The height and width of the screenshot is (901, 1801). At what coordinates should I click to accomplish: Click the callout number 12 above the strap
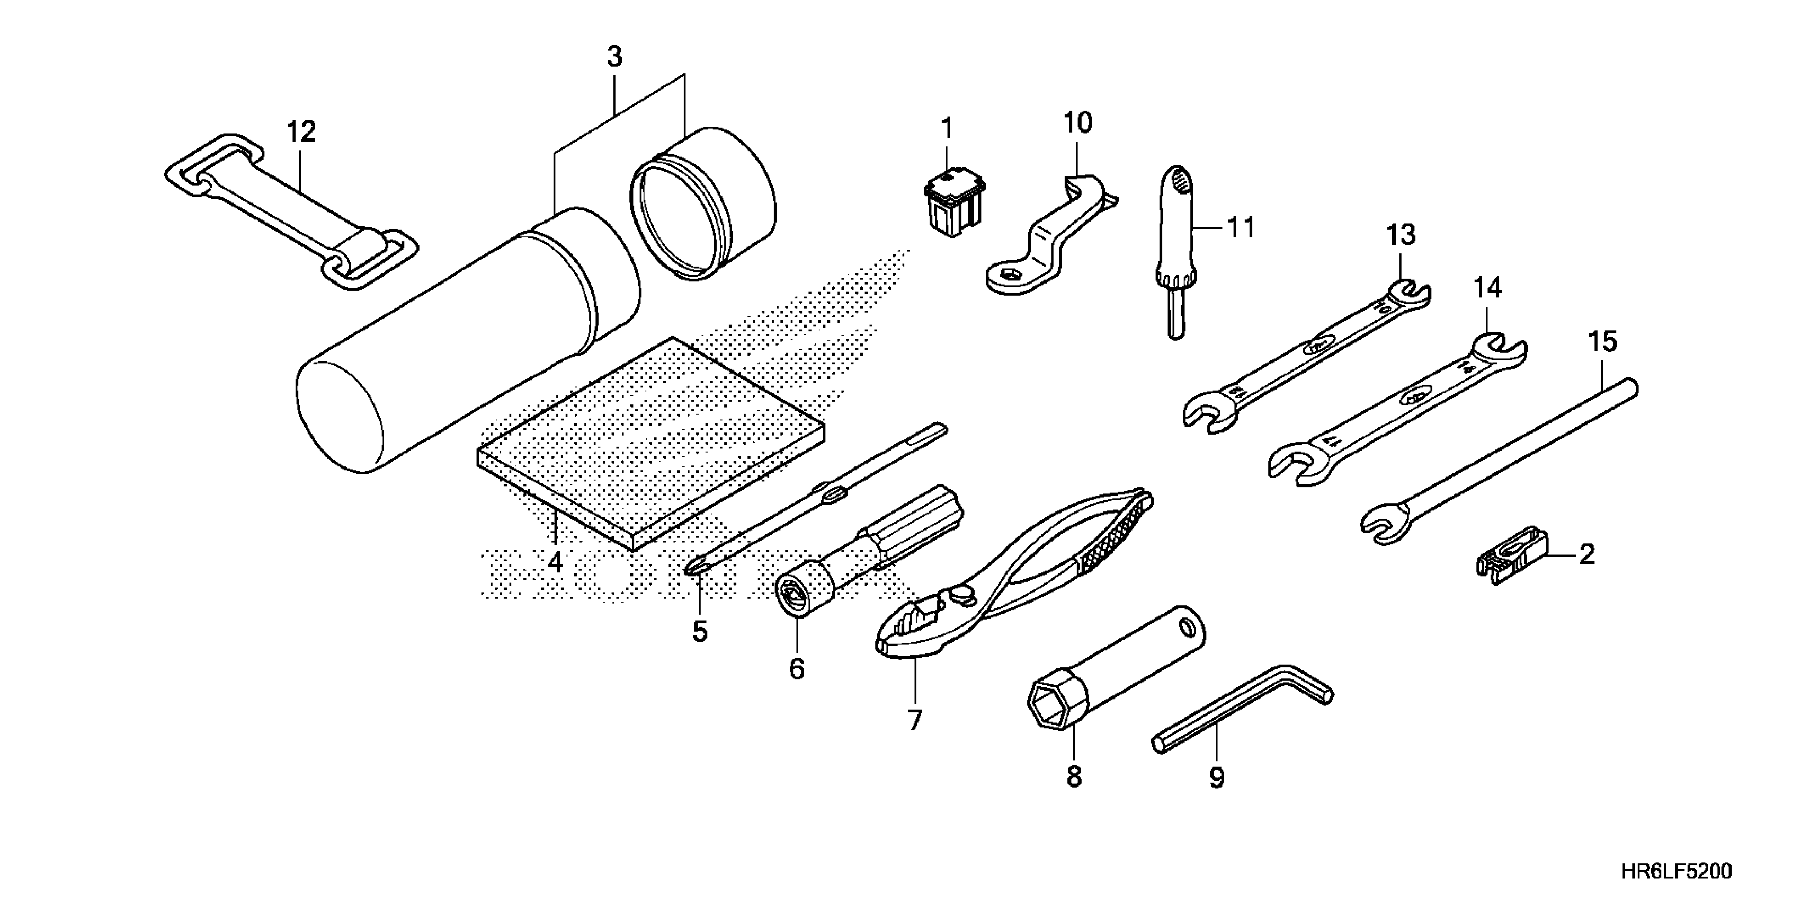[x=301, y=131]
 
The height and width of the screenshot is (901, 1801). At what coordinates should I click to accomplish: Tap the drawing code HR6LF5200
[x=1677, y=871]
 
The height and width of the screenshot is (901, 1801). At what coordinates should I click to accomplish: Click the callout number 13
[x=1401, y=235]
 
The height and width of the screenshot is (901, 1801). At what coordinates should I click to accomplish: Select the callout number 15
[x=1602, y=342]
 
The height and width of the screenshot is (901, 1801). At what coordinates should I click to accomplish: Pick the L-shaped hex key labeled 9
[x=1244, y=706]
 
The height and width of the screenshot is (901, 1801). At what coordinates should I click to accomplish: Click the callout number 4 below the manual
[x=555, y=561]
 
